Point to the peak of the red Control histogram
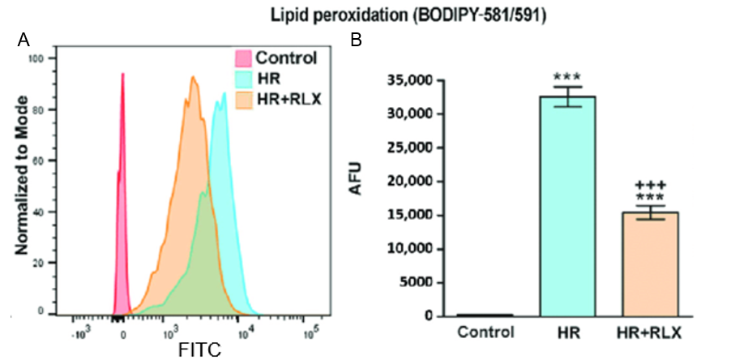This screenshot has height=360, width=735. [122, 74]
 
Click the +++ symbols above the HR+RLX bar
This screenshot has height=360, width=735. [650, 186]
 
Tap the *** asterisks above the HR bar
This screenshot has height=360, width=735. [569, 74]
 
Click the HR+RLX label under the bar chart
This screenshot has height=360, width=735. [650, 332]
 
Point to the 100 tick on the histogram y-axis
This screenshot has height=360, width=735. [45, 59]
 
